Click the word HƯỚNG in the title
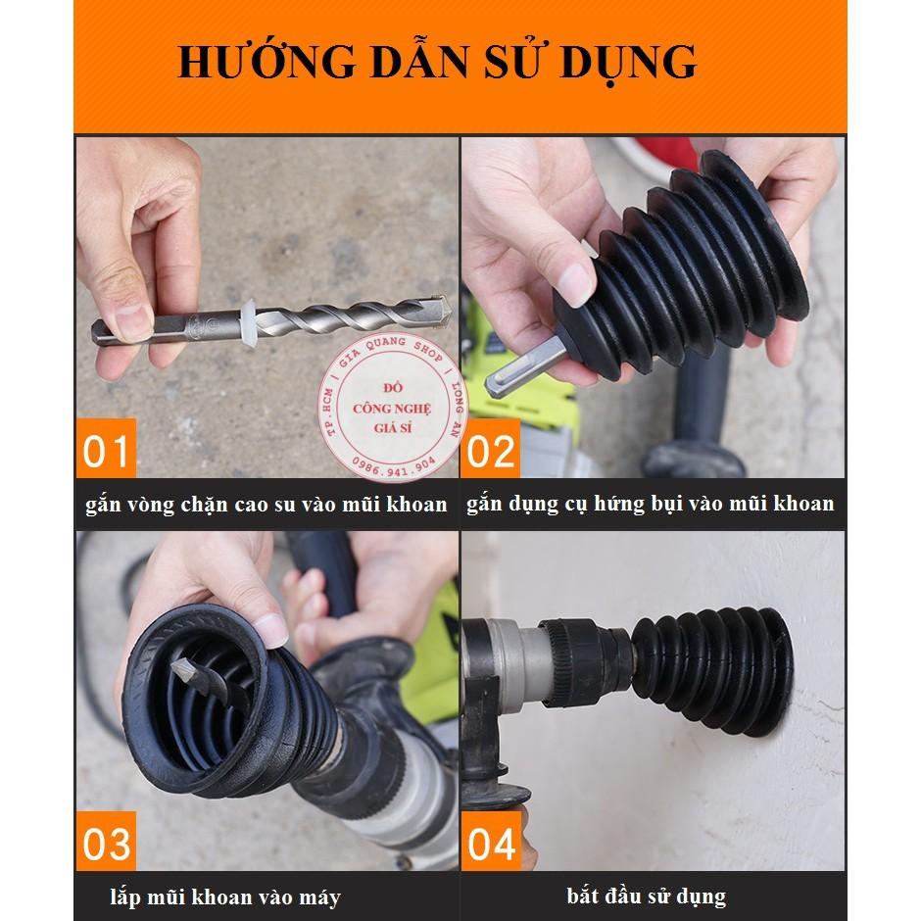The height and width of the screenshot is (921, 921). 267,61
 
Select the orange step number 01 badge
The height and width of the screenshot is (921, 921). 106,448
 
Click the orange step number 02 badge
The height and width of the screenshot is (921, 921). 491,448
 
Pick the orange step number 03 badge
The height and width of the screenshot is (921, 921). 106,841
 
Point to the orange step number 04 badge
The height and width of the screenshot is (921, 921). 491,841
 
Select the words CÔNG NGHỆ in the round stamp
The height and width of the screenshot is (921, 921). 392,409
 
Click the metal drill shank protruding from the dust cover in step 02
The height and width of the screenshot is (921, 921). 518,368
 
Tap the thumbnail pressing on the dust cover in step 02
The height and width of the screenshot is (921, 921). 574,284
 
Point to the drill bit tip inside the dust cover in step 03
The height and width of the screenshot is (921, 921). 182,669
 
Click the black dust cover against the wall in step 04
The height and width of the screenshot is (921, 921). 713,669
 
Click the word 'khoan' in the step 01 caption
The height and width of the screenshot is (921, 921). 417,505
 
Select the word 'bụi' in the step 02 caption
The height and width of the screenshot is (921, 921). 691,505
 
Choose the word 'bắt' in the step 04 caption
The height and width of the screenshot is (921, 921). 583,896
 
